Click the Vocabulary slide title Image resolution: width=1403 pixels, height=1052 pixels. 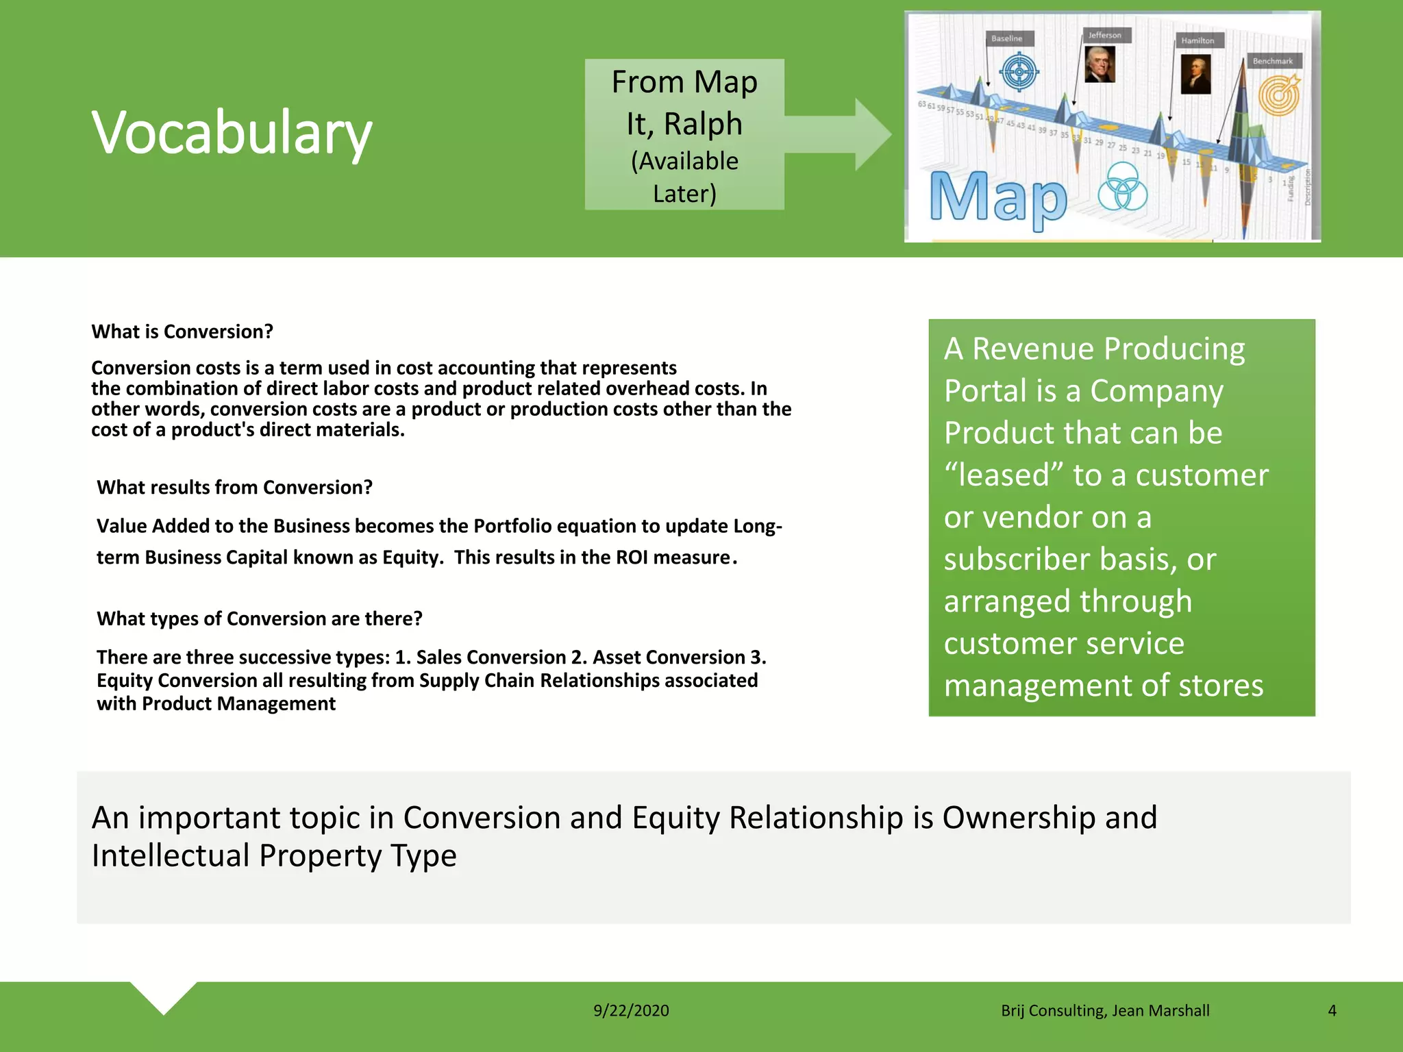232,132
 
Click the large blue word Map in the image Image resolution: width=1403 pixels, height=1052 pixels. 998,198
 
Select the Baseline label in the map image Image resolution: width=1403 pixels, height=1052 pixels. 1006,38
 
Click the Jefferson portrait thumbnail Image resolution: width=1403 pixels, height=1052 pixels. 1100,64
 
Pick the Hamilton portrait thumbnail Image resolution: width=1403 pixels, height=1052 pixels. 1195,73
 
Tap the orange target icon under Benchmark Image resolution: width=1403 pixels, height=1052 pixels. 1279,95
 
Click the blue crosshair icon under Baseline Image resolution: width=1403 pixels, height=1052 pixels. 1020,72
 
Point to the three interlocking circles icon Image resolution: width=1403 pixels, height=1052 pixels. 1122,187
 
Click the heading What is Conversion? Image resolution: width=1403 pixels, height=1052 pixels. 182,331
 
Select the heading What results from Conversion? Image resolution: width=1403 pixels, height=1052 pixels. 234,487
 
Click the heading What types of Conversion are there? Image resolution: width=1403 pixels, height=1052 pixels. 259,618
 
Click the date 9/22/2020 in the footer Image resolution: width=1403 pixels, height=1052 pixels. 631,1010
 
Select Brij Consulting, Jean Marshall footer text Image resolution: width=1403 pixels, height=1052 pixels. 1104,1010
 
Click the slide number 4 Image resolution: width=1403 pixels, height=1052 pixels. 1332,1010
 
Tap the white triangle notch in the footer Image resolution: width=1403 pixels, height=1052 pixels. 164,995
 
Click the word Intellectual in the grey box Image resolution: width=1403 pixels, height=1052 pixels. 171,855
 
